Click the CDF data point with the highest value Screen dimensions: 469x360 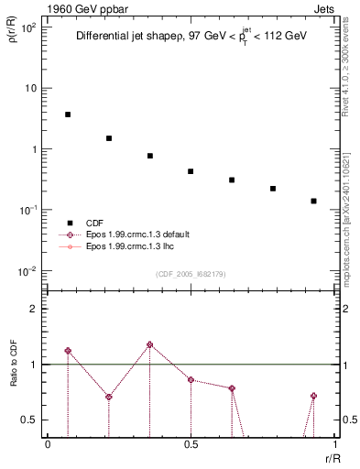pyautogui.click(x=68, y=115)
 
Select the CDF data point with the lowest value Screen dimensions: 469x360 pyautogui.click(x=313, y=201)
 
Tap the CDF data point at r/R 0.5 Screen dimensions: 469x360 pyautogui.click(x=191, y=171)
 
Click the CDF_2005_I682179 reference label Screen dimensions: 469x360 pyautogui.click(x=191, y=274)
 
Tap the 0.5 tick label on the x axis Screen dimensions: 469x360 pyautogui.click(x=191, y=444)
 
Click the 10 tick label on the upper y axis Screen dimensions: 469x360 pyautogui.click(x=32, y=88)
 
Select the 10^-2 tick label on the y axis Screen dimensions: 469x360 pyautogui.click(x=29, y=271)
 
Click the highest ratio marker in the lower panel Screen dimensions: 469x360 pyautogui.click(x=150, y=344)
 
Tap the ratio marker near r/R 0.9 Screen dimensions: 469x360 pyautogui.click(x=313, y=396)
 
